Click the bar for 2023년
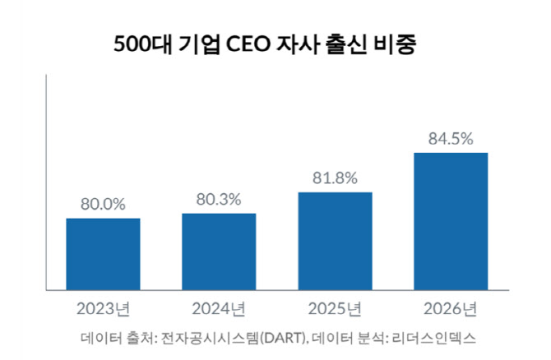(x=103, y=254)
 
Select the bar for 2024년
(x=219, y=252)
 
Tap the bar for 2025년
(x=336, y=242)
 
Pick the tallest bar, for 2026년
(x=451, y=222)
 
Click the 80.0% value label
(x=103, y=205)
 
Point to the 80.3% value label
(x=219, y=200)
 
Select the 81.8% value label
(x=335, y=178)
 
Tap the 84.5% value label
(x=451, y=139)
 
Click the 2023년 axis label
(x=103, y=309)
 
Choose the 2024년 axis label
(x=219, y=309)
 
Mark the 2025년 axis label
(x=335, y=309)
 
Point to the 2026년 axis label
(x=451, y=309)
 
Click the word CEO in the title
(x=248, y=44)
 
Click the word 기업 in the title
(x=199, y=44)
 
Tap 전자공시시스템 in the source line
(x=210, y=339)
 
